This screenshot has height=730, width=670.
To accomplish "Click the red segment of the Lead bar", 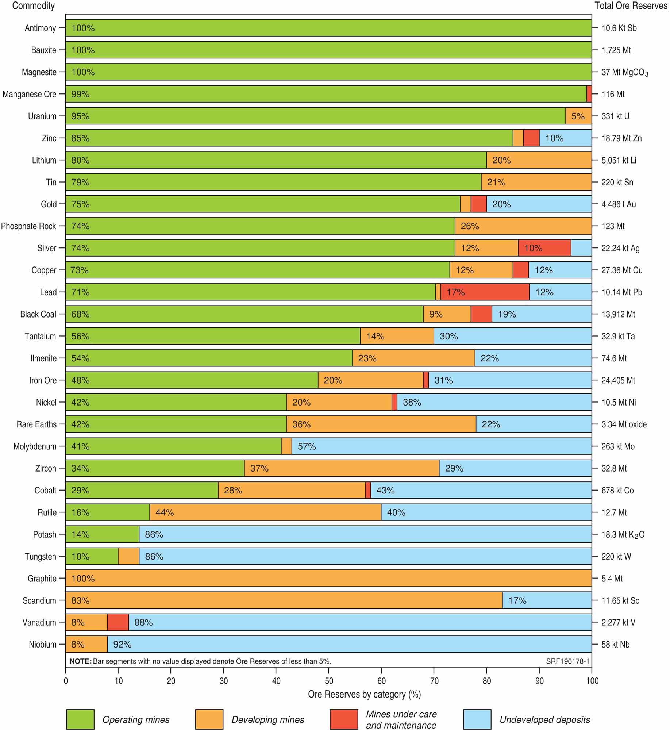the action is pyautogui.click(x=485, y=292).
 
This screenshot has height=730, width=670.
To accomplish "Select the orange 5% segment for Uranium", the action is pyautogui.click(x=578, y=116).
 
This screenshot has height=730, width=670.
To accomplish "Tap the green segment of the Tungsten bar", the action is pyautogui.click(x=92, y=556).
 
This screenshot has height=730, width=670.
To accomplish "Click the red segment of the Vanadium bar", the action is pyautogui.click(x=118, y=622).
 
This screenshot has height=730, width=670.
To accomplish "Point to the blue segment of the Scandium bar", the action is pyautogui.click(x=547, y=600).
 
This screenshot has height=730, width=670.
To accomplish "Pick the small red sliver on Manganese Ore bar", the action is pyautogui.click(x=589, y=94).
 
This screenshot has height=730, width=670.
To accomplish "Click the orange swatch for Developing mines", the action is pyautogui.click(x=209, y=719).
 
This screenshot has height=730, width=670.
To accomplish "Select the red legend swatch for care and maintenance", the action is pyautogui.click(x=344, y=719).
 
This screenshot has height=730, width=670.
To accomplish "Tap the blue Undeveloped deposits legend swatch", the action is pyautogui.click(x=477, y=719).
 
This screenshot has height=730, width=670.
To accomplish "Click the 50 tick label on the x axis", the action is pyautogui.click(x=329, y=681).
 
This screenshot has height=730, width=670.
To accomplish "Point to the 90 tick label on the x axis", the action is pyautogui.click(x=539, y=681).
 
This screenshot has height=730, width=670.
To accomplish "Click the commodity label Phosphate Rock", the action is pyautogui.click(x=29, y=226).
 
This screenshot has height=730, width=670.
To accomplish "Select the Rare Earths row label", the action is pyautogui.click(x=36, y=424).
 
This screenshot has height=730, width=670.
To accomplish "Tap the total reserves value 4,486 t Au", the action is pyautogui.click(x=619, y=204).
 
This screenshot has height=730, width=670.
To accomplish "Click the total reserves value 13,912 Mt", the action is pyautogui.click(x=618, y=314).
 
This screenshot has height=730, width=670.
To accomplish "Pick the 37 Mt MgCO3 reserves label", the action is pyautogui.click(x=625, y=73).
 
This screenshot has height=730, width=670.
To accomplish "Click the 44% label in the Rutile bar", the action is pyautogui.click(x=165, y=512).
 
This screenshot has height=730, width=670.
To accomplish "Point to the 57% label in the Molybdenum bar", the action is pyautogui.click(x=307, y=446).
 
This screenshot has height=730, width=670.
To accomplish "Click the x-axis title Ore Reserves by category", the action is pyautogui.click(x=364, y=694).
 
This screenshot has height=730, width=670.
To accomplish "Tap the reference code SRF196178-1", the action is pyautogui.click(x=568, y=661).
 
